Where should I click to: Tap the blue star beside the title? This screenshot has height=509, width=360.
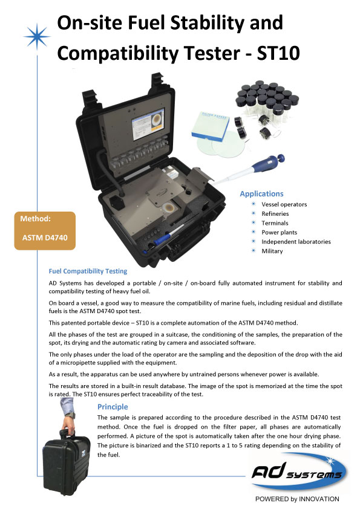click(37, 36)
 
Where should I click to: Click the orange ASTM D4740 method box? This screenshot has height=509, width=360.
click(45, 230)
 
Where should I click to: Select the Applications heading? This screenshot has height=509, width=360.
click(261, 194)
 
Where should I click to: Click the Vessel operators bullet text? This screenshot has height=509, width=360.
click(284, 204)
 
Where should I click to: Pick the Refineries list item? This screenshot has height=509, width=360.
click(275, 213)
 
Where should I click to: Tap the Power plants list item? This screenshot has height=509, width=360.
click(280, 232)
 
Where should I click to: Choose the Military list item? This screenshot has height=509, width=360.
click(272, 251)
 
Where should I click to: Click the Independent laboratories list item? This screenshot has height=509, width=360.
click(296, 242)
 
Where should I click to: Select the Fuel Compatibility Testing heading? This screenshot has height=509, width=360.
click(88, 271)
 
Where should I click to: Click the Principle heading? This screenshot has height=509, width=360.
click(113, 407)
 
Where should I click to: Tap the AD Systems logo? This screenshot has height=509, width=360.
click(298, 473)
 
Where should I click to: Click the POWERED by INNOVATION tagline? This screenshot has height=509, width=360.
click(297, 499)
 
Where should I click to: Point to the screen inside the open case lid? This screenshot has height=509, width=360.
click(148, 123)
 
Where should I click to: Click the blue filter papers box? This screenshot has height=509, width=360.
click(211, 126)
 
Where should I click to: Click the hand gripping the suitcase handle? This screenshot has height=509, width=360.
click(68, 423)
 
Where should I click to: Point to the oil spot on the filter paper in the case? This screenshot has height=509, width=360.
click(169, 207)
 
